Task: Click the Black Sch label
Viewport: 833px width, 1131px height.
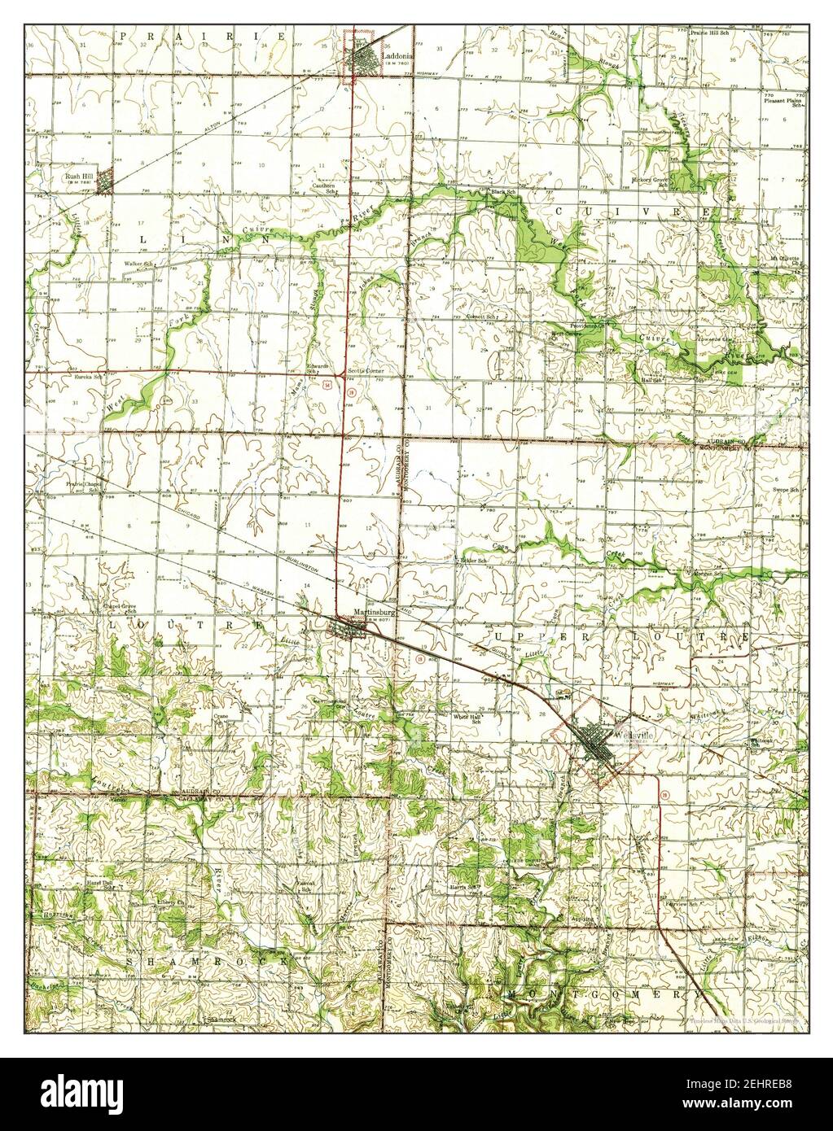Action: pos(502,192)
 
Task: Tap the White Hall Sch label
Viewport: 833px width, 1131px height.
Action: pos(468,718)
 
